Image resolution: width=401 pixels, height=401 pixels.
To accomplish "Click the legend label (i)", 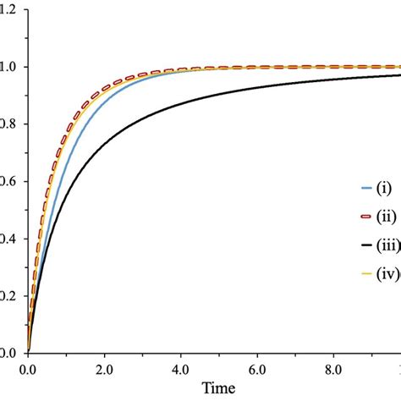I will tap(381, 188).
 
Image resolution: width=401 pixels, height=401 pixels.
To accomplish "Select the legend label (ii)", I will tap(382, 217).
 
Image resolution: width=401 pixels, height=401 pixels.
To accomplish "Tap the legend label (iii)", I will tap(385, 246).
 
